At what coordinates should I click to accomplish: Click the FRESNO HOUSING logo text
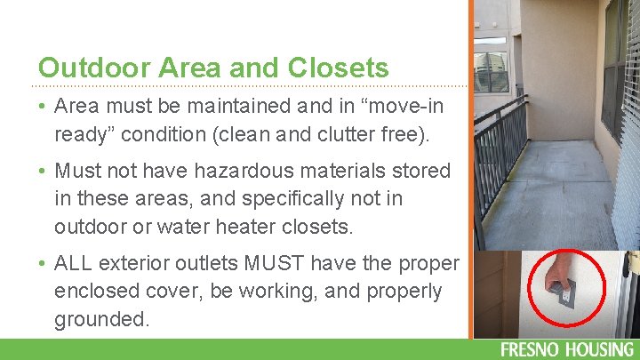pyautogui.click(x=567, y=349)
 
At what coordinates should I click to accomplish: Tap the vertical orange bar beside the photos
pyautogui.click(x=470, y=169)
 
